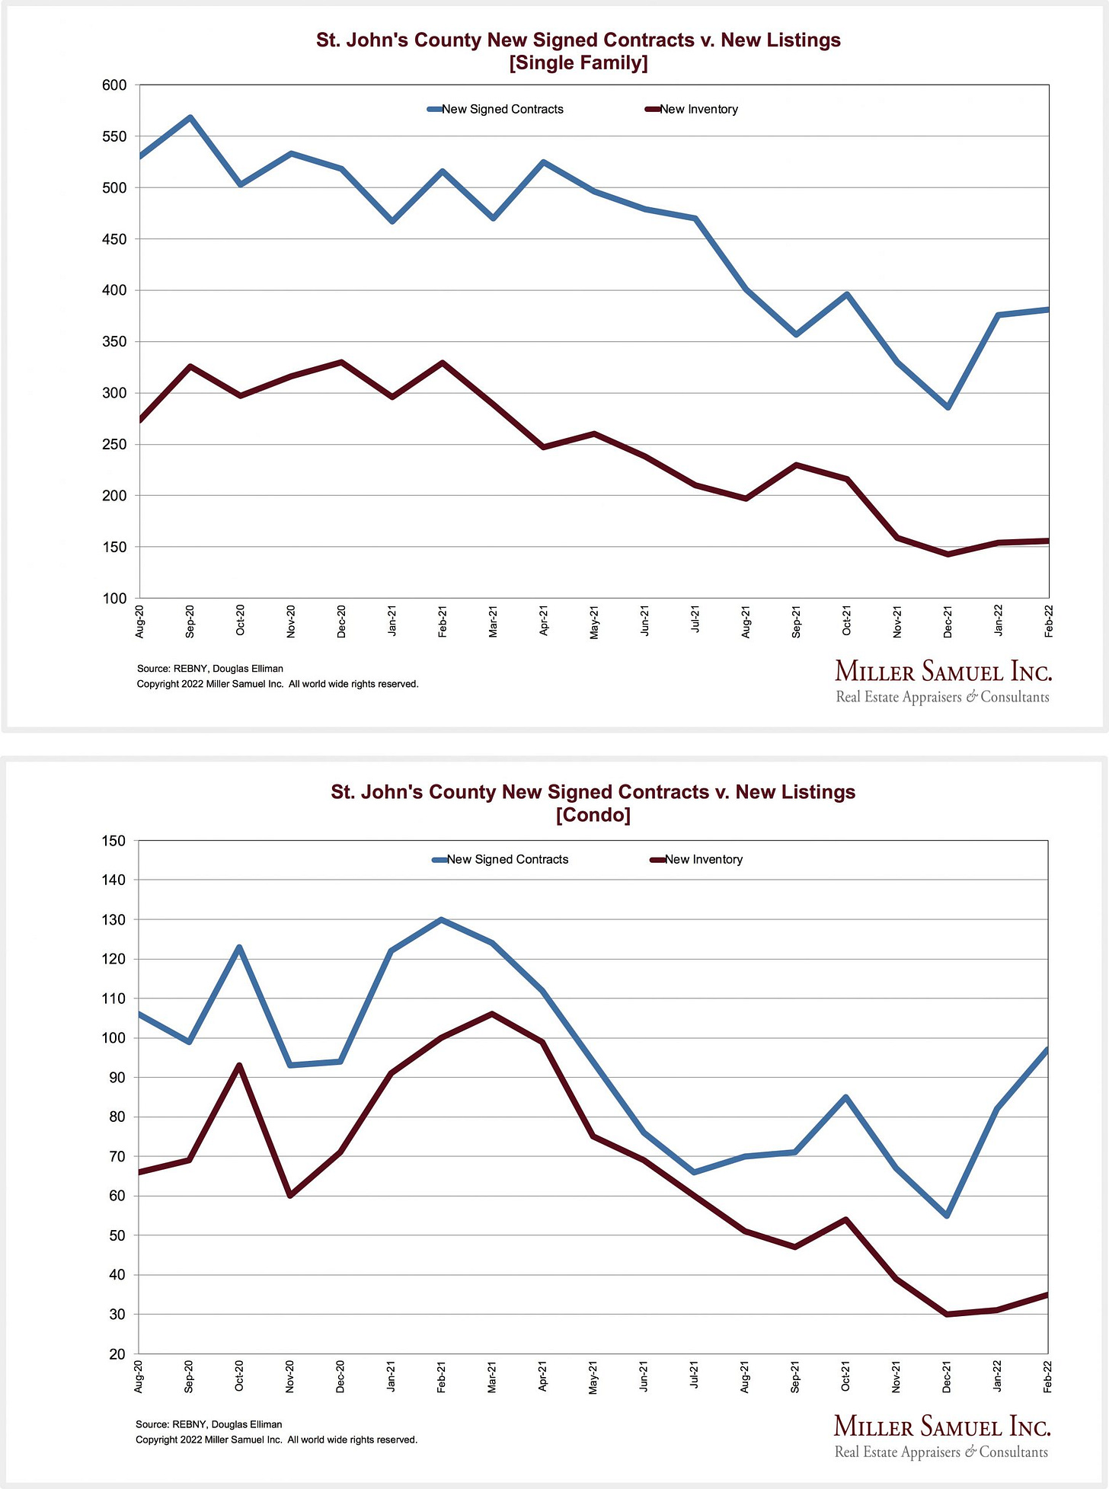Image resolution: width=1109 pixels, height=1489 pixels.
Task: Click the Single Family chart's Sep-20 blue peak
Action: (x=190, y=117)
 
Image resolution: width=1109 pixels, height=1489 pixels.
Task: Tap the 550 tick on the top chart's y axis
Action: (x=113, y=136)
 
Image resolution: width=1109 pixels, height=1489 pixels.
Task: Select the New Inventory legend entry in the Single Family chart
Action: (x=698, y=109)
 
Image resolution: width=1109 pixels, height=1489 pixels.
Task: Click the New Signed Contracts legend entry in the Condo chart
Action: (x=507, y=859)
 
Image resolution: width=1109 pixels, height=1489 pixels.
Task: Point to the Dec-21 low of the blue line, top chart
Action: (x=948, y=407)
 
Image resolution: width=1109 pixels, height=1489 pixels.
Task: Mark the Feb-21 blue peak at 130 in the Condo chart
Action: (x=442, y=919)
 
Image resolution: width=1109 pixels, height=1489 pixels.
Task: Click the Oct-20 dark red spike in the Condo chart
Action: (x=239, y=1065)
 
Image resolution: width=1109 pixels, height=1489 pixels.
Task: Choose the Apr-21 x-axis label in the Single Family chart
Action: (x=544, y=621)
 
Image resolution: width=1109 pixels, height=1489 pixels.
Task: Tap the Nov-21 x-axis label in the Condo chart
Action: (x=896, y=1377)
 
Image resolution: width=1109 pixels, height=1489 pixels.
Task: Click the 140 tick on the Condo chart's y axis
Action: (x=113, y=880)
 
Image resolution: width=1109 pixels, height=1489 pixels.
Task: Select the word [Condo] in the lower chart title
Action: (x=593, y=815)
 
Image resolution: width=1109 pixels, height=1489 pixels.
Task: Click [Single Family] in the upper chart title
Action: (x=578, y=62)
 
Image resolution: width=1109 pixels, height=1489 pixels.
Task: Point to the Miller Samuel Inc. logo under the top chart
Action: (x=943, y=681)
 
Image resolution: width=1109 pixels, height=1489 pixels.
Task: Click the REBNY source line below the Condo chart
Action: (x=209, y=1424)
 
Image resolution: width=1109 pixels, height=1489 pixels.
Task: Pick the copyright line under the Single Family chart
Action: (x=277, y=684)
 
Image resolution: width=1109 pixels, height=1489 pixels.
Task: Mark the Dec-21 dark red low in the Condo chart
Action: (x=947, y=1314)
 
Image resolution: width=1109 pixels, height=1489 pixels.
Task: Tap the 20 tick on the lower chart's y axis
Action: (x=117, y=1353)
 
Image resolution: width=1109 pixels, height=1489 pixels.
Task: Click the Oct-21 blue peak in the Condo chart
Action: (x=845, y=1098)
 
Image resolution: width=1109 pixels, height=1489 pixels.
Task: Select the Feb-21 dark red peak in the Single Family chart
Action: (x=443, y=363)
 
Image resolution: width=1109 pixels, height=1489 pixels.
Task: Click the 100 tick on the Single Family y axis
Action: (x=113, y=599)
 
